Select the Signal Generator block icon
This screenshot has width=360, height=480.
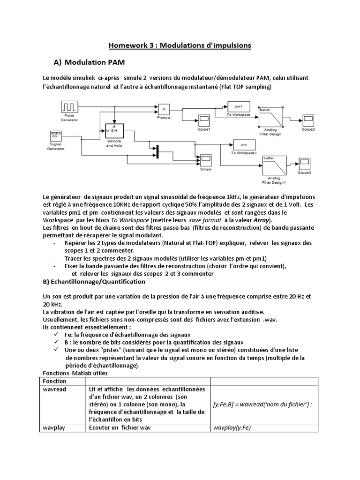pos(57,137)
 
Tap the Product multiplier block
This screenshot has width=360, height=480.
pos(164,110)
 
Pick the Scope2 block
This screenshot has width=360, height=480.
pos(307,120)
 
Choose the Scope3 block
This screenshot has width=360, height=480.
pos(305,165)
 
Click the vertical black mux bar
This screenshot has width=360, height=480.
pos(157,152)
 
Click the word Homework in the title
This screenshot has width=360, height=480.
pos(127,45)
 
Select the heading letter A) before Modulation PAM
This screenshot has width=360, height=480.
pos(58,62)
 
